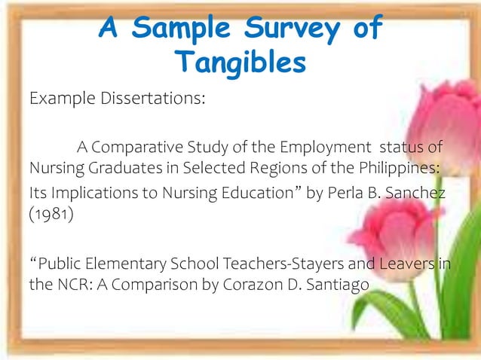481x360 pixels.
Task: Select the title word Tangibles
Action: pos(240,63)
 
